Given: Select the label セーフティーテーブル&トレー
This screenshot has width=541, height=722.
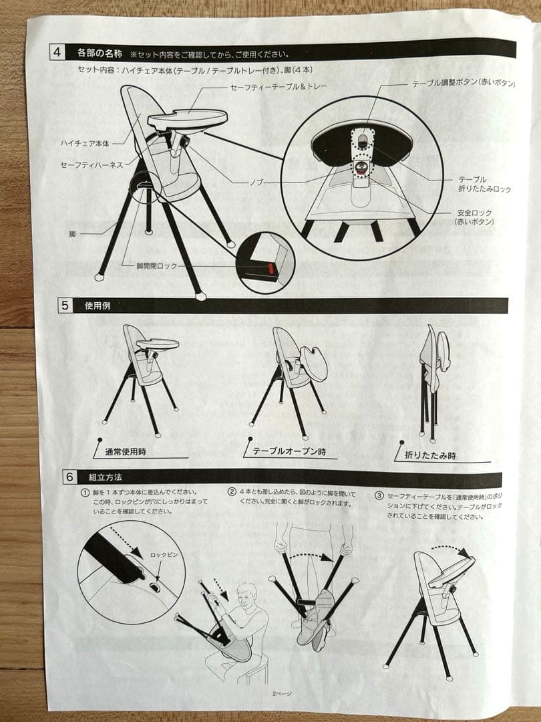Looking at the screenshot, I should point(278,87).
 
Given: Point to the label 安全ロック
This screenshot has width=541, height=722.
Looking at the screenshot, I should point(474,213).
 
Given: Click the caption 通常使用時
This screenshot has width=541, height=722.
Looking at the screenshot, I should point(125,452).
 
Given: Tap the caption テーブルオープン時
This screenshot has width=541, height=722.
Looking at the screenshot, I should point(289,452).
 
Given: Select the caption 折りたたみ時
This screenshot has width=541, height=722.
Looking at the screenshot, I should point(430,455).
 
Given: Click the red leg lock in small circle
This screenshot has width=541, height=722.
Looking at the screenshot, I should point(271,268).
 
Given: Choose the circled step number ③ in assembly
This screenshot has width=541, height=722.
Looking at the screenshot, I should point(379,496).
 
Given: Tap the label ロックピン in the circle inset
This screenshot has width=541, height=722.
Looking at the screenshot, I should point(163,555).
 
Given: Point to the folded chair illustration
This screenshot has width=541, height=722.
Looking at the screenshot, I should point(433,381).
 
